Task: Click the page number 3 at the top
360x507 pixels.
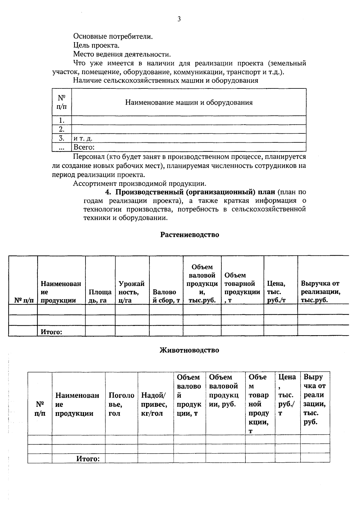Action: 179,19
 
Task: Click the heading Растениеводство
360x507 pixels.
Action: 189,234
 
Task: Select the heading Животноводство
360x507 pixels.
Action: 189,350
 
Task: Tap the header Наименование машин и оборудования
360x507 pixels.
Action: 189,103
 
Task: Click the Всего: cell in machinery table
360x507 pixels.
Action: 84,147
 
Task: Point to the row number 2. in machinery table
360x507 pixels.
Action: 62,129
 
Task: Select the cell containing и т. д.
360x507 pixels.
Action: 83,139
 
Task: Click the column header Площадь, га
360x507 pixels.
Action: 100,296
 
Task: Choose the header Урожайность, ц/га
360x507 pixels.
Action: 132,292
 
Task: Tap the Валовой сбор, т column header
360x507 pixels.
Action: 166,296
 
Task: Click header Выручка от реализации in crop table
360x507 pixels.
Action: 320,292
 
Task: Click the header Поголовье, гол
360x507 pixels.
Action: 121,404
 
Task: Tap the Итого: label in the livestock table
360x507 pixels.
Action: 88,459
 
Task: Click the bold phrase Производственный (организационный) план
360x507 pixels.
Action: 195,192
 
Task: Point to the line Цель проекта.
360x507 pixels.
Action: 96,46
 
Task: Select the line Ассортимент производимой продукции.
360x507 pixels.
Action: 139,183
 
